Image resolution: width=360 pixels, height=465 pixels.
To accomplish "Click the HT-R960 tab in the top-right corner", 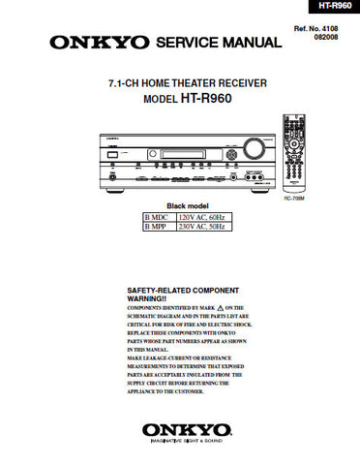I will pyautogui.click(x=333, y=7).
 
